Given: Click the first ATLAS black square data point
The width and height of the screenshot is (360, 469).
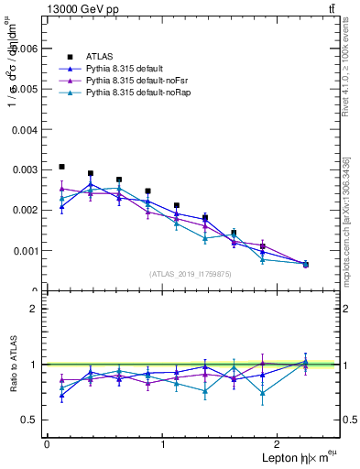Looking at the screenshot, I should point(61,167).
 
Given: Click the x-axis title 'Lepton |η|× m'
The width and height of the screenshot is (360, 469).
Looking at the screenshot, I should point(294,457).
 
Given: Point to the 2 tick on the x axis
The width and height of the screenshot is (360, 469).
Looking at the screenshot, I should point(280,443).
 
